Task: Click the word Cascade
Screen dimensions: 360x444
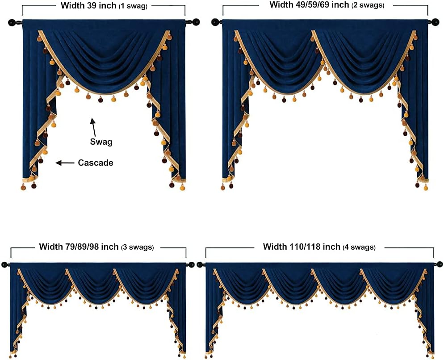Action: click(x=96, y=163)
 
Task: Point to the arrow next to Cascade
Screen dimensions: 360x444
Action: click(x=65, y=163)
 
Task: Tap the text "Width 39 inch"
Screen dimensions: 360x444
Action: click(x=88, y=6)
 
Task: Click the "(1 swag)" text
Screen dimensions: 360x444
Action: click(x=133, y=7)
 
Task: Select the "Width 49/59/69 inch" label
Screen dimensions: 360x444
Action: click(x=310, y=5)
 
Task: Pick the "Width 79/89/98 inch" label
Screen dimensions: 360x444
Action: click(x=79, y=247)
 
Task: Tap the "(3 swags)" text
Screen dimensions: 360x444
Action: click(x=138, y=247)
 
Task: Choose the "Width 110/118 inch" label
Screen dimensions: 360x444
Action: click(x=302, y=247)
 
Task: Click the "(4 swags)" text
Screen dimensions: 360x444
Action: click(x=359, y=247)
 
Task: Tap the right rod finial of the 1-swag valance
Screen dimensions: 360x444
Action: click(x=195, y=21)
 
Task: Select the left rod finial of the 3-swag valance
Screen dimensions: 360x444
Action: click(x=5, y=265)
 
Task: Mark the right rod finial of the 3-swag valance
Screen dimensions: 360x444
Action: click(x=191, y=265)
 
